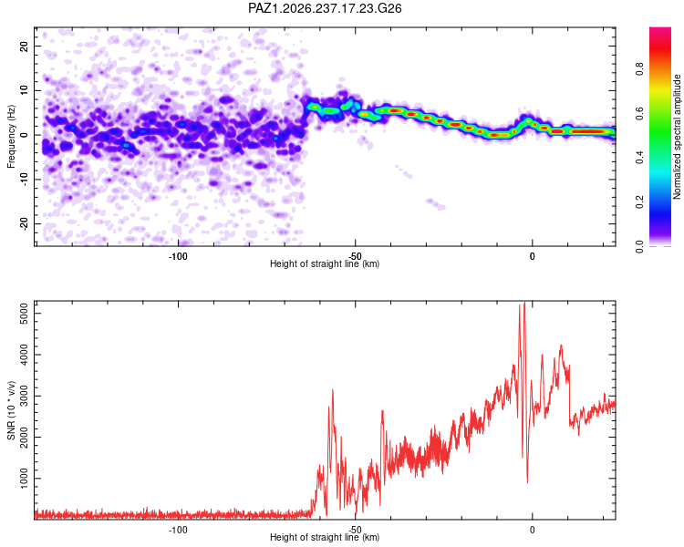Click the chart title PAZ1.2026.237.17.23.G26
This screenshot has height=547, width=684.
[x=325, y=8]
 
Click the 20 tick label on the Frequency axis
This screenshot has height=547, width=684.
[x=24, y=46]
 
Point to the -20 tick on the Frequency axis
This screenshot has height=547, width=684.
[x=24, y=223]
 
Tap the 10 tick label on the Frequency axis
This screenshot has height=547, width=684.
[x=24, y=90]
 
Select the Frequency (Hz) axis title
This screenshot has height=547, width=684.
[x=11, y=137]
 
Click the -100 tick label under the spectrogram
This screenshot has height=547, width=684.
[x=178, y=256]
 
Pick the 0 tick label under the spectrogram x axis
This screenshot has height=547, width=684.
[x=532, y=256]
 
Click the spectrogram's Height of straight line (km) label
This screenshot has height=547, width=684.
[x=325, y=263]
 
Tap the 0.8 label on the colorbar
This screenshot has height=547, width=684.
[x=639, y=69]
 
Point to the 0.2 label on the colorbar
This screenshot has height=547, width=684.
[x=639, y=202]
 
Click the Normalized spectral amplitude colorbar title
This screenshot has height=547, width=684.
[x=677, y=137]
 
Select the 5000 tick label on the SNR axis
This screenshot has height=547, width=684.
[x=24, y=314]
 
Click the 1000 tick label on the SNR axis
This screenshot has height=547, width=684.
[x=24, y=479]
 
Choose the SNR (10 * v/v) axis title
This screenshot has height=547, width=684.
[x=11, y=410]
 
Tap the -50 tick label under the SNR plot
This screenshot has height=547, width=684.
[x=355, y=530]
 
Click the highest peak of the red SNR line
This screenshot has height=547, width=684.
[x=524, y=303]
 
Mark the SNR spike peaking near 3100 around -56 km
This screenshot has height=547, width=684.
[x=333, y=390]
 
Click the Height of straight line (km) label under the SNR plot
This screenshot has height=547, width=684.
[x=325, y=537]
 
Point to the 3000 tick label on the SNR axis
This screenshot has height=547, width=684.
[x=24, y=396]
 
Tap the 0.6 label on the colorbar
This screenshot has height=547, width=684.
[x=639, y=113]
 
